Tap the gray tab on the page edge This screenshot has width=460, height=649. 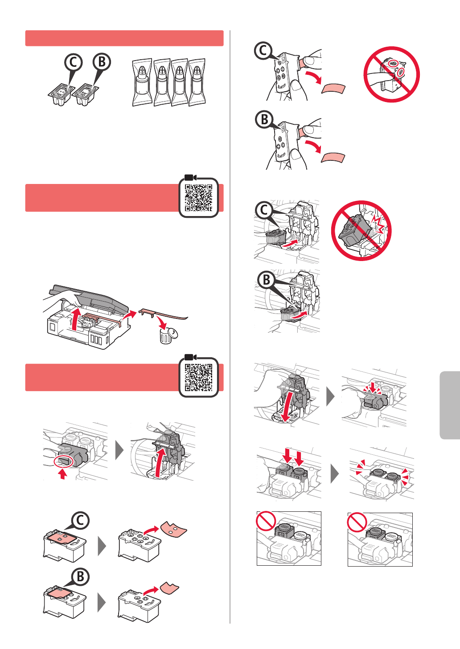[450, 405]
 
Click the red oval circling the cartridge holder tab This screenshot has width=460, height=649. [63, 461]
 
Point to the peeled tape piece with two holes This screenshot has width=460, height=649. [174, 529]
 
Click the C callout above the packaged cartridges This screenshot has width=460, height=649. [74, 62]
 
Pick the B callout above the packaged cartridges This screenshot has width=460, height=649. [102, 62]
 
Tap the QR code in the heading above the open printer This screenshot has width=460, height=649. [198, 198]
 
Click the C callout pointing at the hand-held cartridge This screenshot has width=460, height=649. [263, 51]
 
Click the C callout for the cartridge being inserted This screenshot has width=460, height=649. [264, 210]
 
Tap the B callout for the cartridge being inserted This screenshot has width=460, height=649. [267, 280]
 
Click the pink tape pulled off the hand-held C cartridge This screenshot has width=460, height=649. [333, 88]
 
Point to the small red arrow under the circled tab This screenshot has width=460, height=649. [62, 474]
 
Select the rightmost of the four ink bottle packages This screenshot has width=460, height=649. [197, 82]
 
